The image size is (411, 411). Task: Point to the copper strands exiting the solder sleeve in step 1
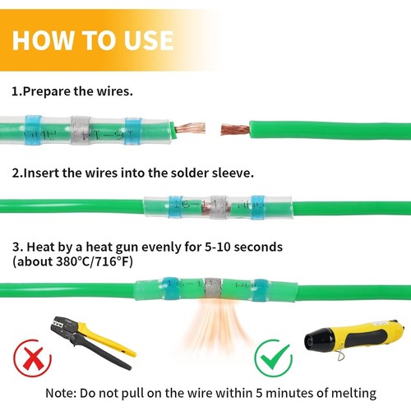pyautogui.click(x=190, y=128)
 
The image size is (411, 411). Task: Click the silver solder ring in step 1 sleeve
pyautogui.click(x=80, y=129)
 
